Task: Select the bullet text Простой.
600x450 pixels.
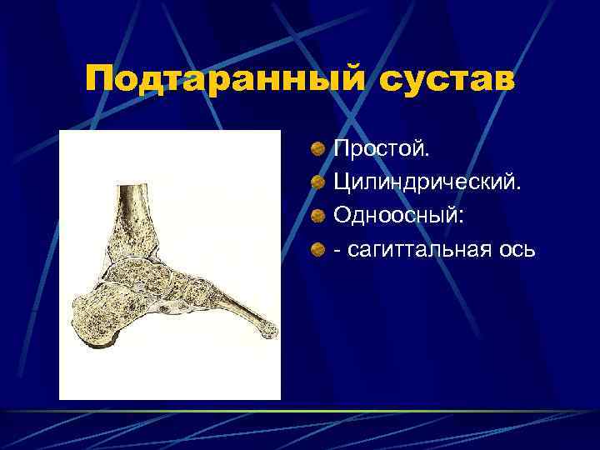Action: pos(382,149)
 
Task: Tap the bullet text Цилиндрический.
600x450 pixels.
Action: pos(427,182)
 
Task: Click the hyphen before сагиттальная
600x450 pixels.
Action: pos(337,249)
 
